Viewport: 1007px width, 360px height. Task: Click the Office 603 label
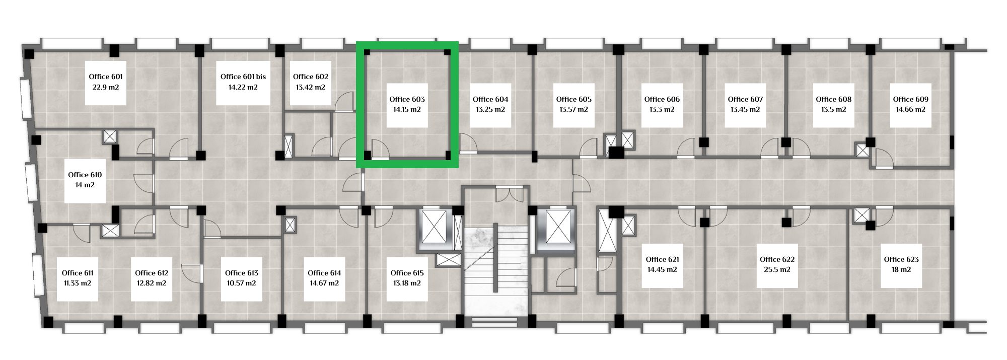[x=407, y=99]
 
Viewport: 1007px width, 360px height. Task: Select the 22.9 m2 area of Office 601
[x=106, y=87]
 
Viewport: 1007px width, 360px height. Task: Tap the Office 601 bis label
[x=243, y=77]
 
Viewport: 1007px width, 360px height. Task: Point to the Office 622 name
[x=777, y=259]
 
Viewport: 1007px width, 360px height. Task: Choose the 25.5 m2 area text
[x=777, y=269]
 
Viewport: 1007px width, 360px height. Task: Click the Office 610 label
[x=85, y=175]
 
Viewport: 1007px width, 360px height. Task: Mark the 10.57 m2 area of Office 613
[x=242, y=283]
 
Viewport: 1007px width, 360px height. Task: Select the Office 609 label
[x=910, y=99]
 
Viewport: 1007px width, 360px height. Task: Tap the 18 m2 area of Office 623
[x=901, y=269]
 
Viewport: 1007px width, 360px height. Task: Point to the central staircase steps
[x=495, y=270]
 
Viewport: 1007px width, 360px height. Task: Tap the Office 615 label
[x=407, y=273]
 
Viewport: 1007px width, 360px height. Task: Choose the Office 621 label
[x=662, y=259]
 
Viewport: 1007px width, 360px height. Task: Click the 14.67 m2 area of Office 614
[x=324, y=283]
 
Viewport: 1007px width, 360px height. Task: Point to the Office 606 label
[x=662, y=99]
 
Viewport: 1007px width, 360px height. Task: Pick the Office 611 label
[x=78, y=273]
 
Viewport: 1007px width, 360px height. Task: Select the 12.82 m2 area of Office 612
[x=152, y=283]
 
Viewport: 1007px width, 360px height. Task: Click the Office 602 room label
[x=311, y=77]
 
